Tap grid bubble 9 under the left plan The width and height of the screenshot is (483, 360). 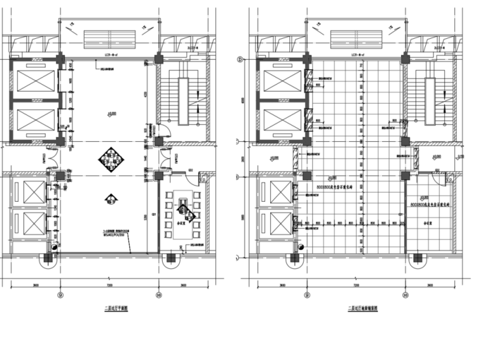tap(60, 294)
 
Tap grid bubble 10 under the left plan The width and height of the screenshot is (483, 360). tap(158, 294)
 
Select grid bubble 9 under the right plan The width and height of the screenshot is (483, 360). tap(307, 294)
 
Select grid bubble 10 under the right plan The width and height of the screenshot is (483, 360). tap(405, 294)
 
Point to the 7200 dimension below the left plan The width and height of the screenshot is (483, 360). tap(109, 284)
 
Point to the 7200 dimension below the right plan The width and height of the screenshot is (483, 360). tap(356, 284)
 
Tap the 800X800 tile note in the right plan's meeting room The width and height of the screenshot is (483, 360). tap(430, 205)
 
